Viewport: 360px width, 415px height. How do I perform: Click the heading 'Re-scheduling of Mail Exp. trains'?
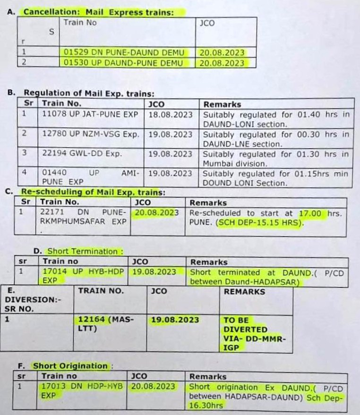(x=93, y=192)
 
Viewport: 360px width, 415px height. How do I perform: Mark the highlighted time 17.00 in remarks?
(x=310, y=213)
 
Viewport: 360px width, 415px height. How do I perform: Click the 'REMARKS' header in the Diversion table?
(x=244, y=292)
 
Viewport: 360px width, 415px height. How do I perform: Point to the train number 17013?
(x=53, y=386)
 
